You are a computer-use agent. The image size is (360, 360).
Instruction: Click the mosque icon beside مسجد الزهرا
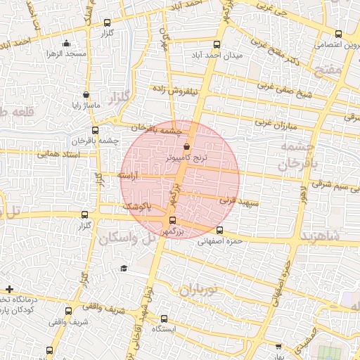click(66, 44)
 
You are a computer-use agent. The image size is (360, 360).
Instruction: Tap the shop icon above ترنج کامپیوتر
click(186, 147)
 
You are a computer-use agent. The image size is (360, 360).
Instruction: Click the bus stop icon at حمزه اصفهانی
click(219, 231)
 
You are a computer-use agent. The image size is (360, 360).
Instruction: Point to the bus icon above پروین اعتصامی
click(339, 34)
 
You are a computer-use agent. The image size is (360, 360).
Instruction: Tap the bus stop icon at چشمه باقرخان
click(95, 130)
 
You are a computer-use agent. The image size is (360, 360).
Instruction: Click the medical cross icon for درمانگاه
click(9, 289)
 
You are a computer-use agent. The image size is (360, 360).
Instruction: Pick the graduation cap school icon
click(124, 268)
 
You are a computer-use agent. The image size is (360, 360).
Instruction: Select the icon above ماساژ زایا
click(86, 95)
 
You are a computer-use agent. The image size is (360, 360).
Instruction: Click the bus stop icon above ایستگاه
click(164, 318)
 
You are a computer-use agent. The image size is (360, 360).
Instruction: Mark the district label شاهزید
click(320, 236)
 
